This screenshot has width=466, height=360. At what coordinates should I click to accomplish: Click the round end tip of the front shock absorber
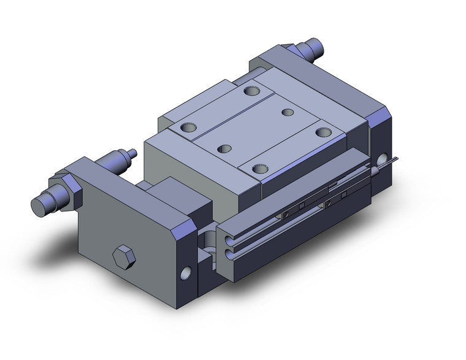tap(39, 205)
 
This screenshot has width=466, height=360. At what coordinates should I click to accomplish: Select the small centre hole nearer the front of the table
tap(225, 148)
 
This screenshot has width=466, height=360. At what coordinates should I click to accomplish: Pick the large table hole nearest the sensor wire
tap(323, 131)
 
